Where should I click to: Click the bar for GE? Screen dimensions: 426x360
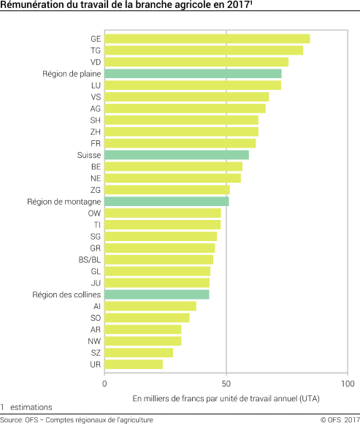[x=207, y=39]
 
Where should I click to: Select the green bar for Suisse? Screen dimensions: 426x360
[x=177, y=155]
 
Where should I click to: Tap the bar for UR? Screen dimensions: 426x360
[x=134, y=364]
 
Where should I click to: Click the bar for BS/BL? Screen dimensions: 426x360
[x=159, y=259]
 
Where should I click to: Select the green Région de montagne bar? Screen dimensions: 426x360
[x=166, y=201]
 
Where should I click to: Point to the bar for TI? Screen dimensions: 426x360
[x=163, y=224]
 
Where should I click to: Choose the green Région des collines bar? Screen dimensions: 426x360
[x=157, y=294]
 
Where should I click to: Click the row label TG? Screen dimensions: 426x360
[x=96, y=50]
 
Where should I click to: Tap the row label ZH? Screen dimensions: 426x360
[x=96, y=132]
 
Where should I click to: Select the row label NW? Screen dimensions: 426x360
[x=95, y=341]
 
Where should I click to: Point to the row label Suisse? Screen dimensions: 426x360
[x=88, y=155]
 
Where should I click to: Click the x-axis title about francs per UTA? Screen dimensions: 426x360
[x=226, y=398]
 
